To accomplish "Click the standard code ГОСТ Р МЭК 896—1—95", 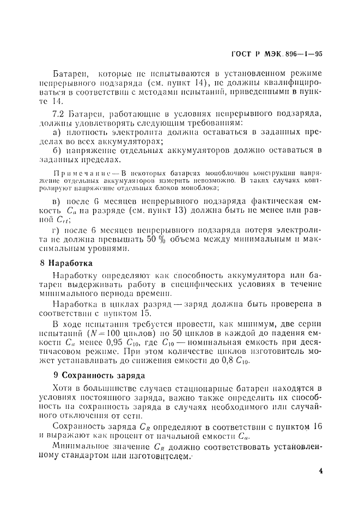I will pyautogui.click(x=277, y=53).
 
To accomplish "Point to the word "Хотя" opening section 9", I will pyautogui.click(x=64, y=388).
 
